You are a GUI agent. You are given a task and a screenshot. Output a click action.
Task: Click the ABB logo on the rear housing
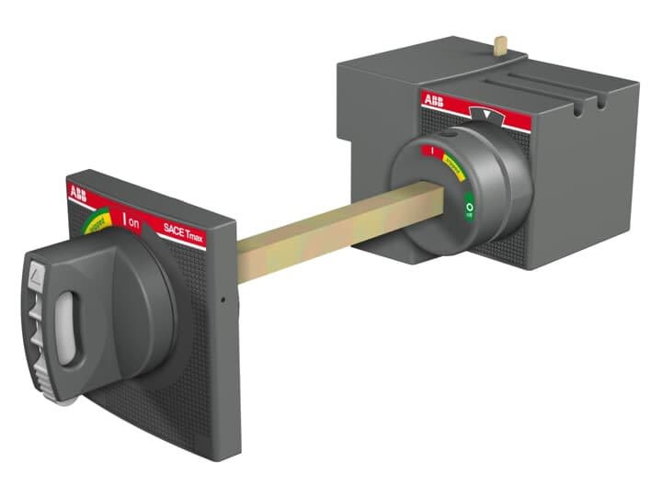click(432, 100)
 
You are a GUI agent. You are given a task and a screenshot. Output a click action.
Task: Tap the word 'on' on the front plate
click(133, 221)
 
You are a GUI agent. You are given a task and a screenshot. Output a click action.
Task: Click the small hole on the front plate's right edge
click(223, 300)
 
